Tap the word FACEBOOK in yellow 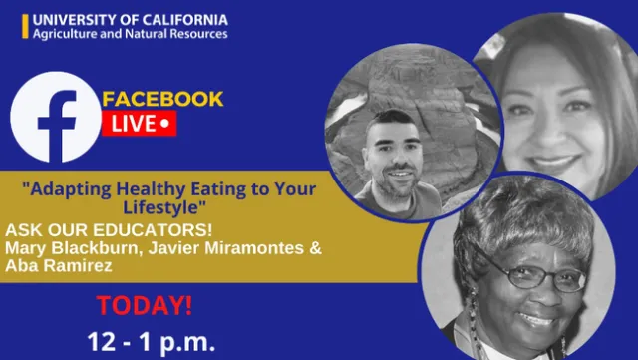(x=163, y=100)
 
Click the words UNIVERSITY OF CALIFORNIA (x=130, y=19)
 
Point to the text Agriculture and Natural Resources (x=130, y=34)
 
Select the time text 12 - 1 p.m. (x=151, y=342)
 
